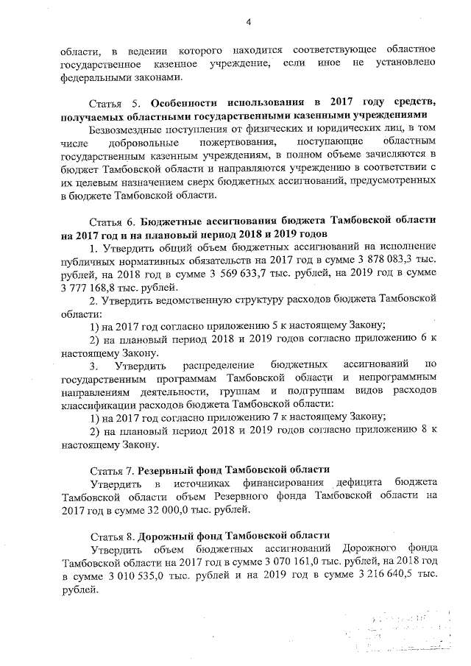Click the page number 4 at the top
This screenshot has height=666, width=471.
(249, 22)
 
